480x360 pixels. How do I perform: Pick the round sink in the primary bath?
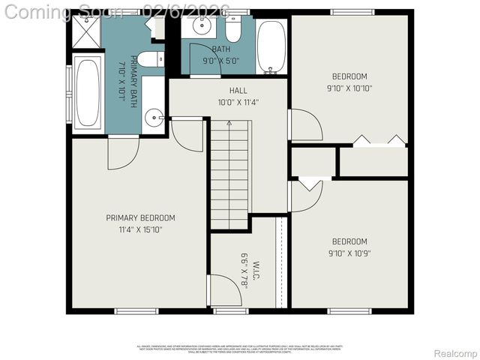[x=154, y=117]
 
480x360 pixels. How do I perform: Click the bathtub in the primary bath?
[x=87, y=93]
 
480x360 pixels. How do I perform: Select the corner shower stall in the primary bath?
[x=87, y=31]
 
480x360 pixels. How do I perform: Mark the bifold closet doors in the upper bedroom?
[x=379, y=139]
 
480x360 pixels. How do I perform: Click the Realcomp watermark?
[x=455, y=353]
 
